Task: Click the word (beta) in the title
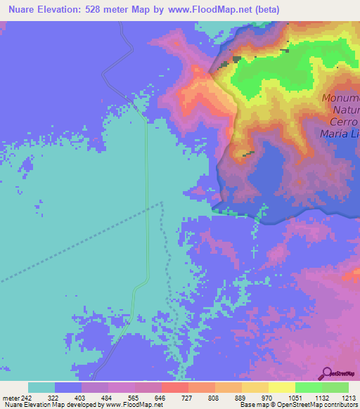[x=262, y=10]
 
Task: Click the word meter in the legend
[x=11, y=398]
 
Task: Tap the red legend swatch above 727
[x=174, y=387]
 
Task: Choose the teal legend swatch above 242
[x=41, y=387]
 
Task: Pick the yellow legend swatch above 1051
[x=281, y=387]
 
